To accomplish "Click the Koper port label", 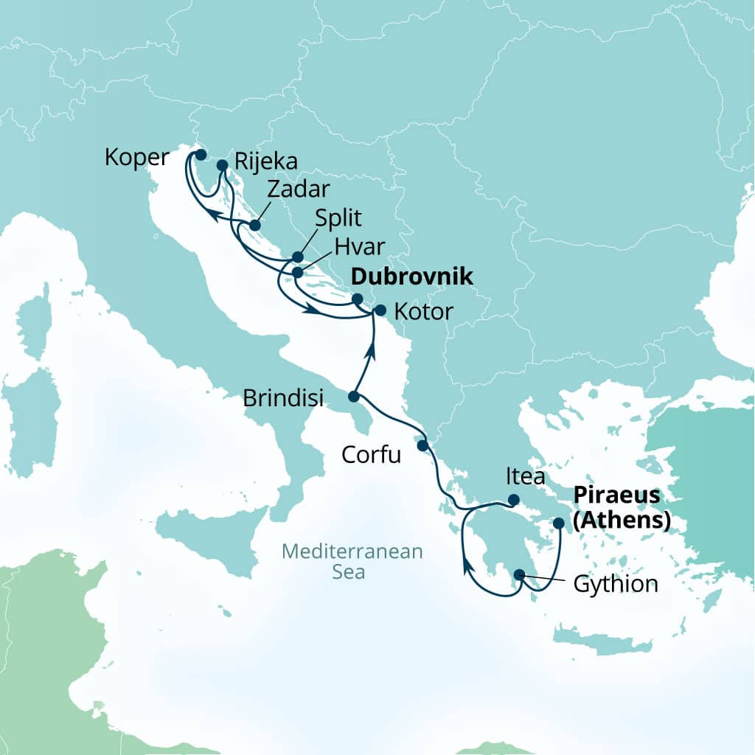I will click(137, 157).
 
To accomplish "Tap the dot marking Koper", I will click(199, 155).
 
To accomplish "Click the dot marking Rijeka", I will click(222, 164).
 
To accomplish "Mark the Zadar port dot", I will click(255, 225).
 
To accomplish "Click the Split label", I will click(338, 219).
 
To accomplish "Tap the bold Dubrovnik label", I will click(410, 277).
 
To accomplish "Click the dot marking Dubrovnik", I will click(357, 299).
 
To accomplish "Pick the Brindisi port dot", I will click(353, 397).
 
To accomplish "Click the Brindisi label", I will click(284, 399).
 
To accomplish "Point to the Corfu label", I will click(372, 455).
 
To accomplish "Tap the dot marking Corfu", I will click(422, 445).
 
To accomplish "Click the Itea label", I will click(525, 477).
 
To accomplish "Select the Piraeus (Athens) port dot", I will click(558, 523).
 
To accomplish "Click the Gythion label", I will click(614, 585).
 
